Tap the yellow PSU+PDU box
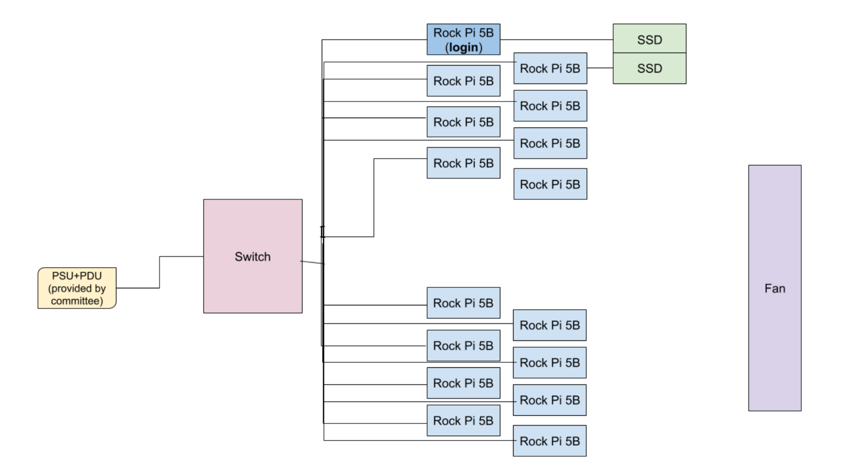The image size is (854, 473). (77, 288)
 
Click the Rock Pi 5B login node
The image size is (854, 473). (463, 39)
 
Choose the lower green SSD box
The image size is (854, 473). (649, 68)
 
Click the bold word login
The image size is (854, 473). (463, 47)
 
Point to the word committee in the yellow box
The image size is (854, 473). (77, 301)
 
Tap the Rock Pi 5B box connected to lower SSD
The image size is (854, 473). (550, 68)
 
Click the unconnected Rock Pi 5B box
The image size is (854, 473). (550, 184)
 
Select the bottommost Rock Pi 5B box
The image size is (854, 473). (549, 441)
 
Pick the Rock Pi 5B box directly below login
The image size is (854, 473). (463, 81)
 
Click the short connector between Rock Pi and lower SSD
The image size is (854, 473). (599, 68)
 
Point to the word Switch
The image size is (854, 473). (252, 256)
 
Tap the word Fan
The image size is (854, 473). (774, 288)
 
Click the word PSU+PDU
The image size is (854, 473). (77, 276)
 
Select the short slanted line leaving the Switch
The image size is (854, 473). (313, 263)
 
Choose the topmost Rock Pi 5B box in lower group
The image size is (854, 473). (463, 303)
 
